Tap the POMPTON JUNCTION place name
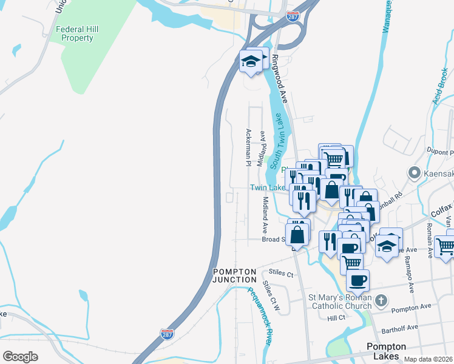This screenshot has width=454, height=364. pyautogui.click(x=234, y=275)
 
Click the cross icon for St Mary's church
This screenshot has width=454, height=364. pyautogui.click(x=381, y=300)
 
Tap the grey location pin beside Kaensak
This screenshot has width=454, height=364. pyautogui.click(x=415, y=174)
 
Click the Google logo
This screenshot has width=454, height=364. pyautogui.click(x=20, y=356)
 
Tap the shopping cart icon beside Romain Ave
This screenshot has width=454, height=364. pyautogui.click(x=445, y=246)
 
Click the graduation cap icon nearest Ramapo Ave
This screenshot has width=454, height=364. pyautogui.click(x=387, y=246)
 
